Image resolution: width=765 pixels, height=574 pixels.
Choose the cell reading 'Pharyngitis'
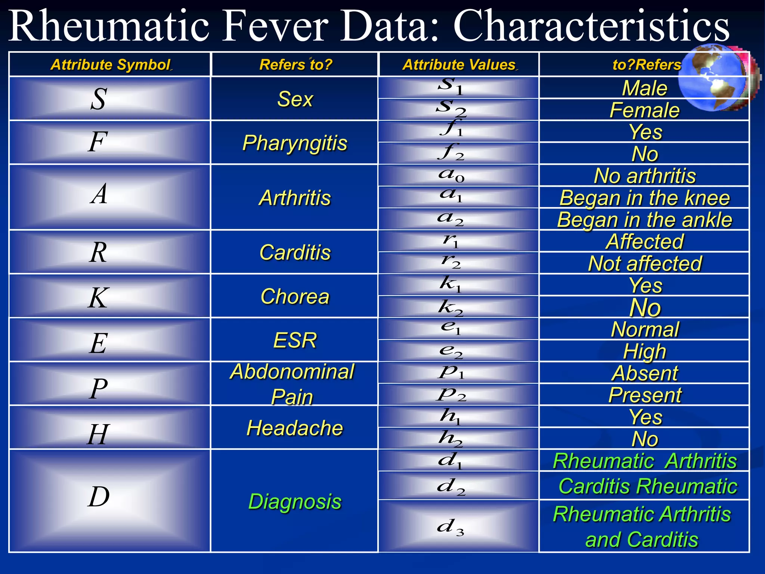[x=295, y=143]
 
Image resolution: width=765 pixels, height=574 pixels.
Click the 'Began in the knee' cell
[x=644, y=198]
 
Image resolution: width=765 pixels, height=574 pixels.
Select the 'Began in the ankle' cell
[x=644, y=219]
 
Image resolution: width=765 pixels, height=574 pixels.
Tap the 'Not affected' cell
[x=645, y=263]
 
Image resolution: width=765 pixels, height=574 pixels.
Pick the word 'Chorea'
[x=295, y=296]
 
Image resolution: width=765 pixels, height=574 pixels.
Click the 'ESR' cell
[x=295, y=340]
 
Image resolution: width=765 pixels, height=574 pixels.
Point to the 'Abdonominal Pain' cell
[x=292, y=384]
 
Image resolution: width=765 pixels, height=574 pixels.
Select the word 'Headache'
[x=295, y=428]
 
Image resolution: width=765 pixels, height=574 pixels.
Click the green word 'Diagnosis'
[x=295, y=501]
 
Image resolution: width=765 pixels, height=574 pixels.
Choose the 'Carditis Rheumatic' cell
[x=647, y=486]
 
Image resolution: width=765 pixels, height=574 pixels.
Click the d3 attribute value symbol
[x=451, y=527]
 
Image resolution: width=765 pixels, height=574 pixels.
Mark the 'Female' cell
[x=644, y=110]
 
